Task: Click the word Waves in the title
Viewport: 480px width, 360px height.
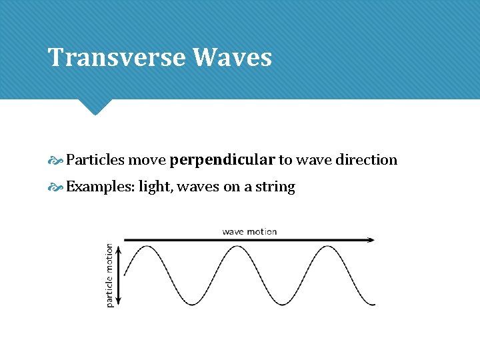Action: pos(232,57)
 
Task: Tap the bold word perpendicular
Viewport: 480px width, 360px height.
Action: pos(222,160)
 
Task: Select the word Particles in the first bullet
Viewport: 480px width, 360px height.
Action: pos(95,160)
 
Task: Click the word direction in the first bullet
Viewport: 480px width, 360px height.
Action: pos(366,160)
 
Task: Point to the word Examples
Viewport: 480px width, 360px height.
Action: pos(99,187)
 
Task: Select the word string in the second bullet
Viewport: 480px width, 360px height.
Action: pos(275,187)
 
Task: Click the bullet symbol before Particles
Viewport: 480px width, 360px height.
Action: pos(55,161)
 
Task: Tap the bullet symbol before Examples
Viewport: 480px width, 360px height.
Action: pos(55,187)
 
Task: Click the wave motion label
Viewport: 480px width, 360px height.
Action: pos(249,231)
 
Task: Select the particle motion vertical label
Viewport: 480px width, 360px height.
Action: pos(110,275)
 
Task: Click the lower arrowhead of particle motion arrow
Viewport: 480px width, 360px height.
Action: pos(119,301)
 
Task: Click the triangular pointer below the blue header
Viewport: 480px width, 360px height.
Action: pos(94,107)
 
